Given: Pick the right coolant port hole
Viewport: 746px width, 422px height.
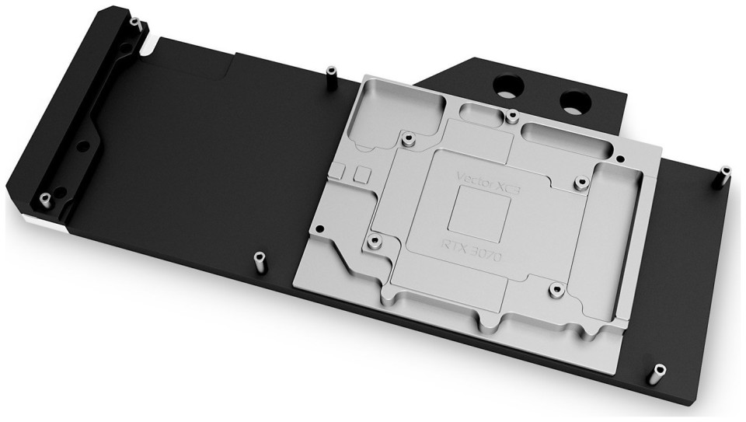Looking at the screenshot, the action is [x=575, y=101].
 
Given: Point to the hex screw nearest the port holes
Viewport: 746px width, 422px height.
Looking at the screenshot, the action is [x=512, y=115].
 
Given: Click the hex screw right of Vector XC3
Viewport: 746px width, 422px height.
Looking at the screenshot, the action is [x=581, y=182].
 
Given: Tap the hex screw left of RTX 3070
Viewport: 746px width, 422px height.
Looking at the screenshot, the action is [x=375, y=241].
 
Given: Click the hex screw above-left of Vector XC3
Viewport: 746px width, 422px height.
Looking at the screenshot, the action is [x=407, y=139].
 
